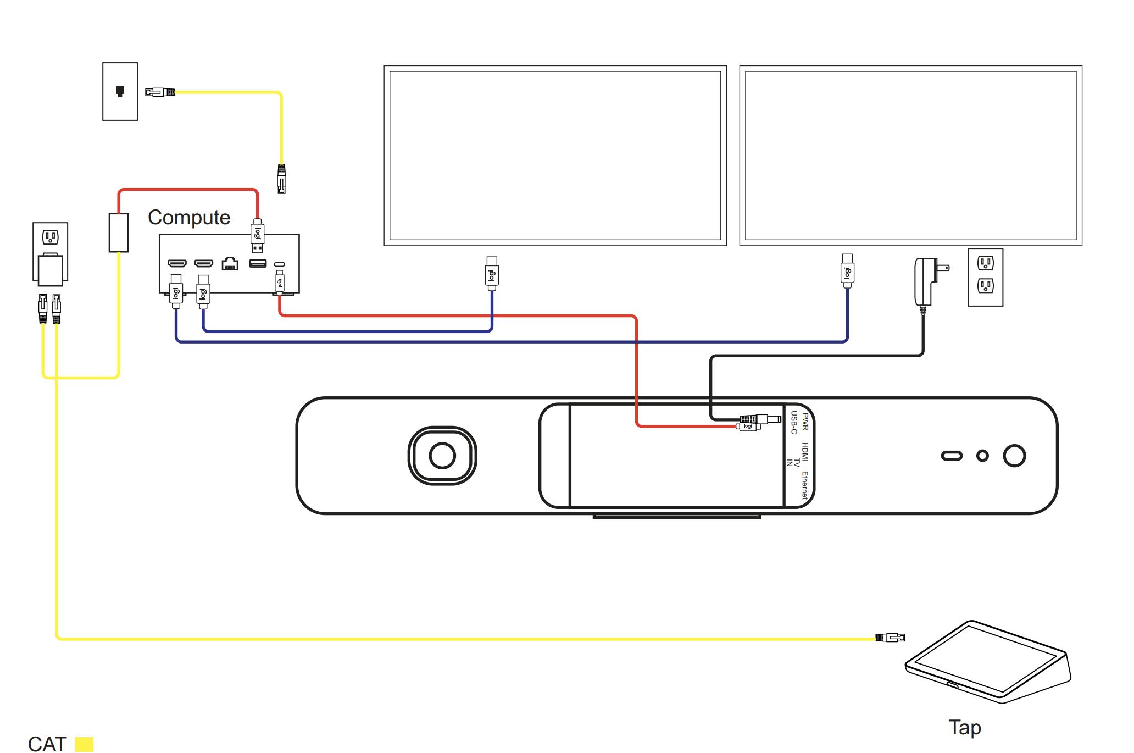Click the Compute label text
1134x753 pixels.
pyautogui.click(x=189, y=218)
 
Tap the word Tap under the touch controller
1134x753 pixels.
pyautogui.click(x=964, y=727)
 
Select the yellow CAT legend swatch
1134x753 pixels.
pyautogui.click(x=84, y=744)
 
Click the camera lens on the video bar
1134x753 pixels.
pyautogui.click(x=442, y=456)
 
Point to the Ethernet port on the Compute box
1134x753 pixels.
pyautogui.click(x=230, y=264)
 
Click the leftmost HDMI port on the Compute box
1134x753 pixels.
pyautogui.click(x=177, y=264)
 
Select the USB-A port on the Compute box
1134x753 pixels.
pyautogui.click(x=258, y=264)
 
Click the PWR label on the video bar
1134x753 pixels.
pyautogui.click(x=805, y=422)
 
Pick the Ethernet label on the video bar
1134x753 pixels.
pyautogui.click(x=805, y=485)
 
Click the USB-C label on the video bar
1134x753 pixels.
pyautogui.click(x=794, y=423)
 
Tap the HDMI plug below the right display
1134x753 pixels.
pyautogui.click(x=847, y=271)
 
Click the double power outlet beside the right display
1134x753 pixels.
pyautogui.click(x=985, y=277)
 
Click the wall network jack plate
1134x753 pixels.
pyautogui.click(x=120, y=91)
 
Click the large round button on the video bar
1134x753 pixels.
pyautogui.click(x=1014, y=456)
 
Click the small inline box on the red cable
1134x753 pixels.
pyautogui.click(x=119, y=232)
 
